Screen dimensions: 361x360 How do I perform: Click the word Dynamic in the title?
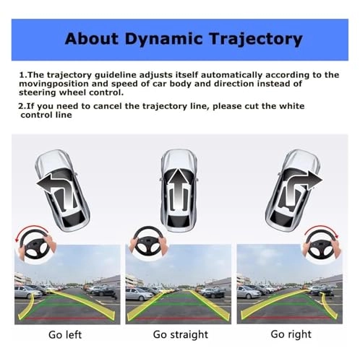tap(164, 38)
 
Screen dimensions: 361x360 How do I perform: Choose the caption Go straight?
tap(181, 334)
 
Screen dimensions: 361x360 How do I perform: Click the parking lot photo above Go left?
tap(69, 284)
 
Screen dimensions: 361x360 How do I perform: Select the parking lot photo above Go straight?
tap(179, 284)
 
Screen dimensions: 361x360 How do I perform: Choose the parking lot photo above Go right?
tap(289, 284)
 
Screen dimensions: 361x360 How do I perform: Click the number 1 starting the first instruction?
tap(22, 74)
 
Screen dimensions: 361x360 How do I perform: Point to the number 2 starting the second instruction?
tap(22, 106)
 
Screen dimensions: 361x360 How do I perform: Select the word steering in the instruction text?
tap(39, 92)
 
